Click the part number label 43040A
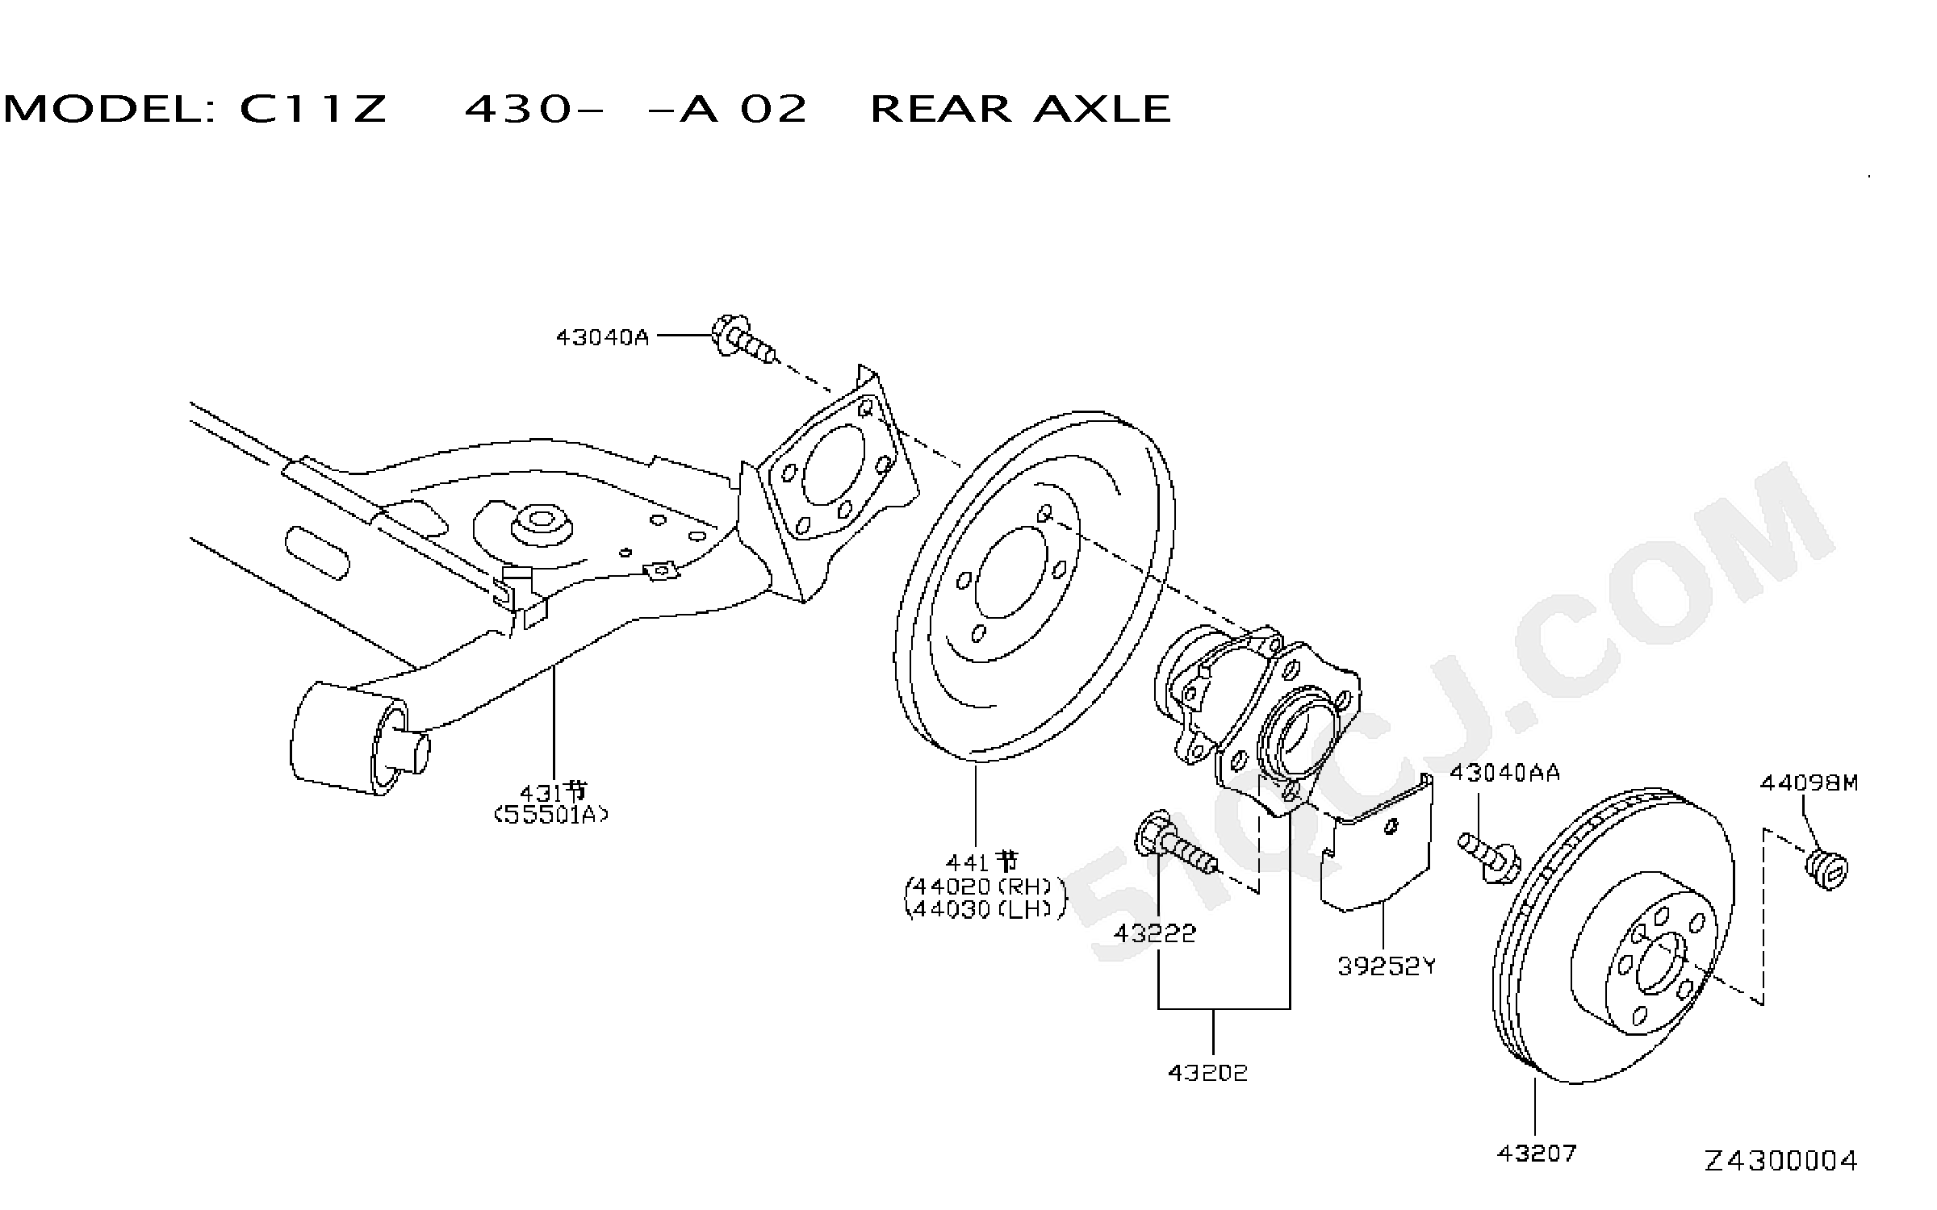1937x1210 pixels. click(602, 337)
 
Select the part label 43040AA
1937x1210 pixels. click(1504, 773)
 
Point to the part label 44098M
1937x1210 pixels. click(1809, 782)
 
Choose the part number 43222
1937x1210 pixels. click(1155, 933)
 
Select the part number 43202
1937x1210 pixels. click(1207, 1073)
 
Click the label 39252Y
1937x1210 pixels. click(1387, 966)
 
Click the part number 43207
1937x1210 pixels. click(1537, 1154)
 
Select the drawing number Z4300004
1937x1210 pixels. click(1781, 1161)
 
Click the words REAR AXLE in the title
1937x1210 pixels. click(1020, 109)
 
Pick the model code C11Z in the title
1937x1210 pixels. click(313, 109)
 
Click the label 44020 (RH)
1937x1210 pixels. click(985, 887)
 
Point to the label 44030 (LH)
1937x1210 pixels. click(985, 909)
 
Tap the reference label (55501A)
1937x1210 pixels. click(551, 815)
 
